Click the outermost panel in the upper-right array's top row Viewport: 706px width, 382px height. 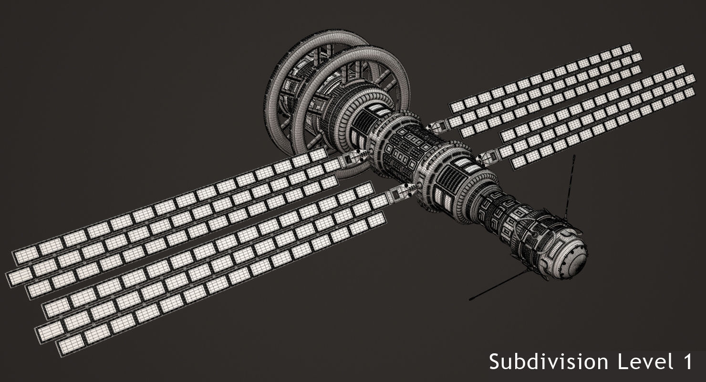(x=626, y=48)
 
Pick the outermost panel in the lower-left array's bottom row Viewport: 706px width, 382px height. (x=68, y=347)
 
